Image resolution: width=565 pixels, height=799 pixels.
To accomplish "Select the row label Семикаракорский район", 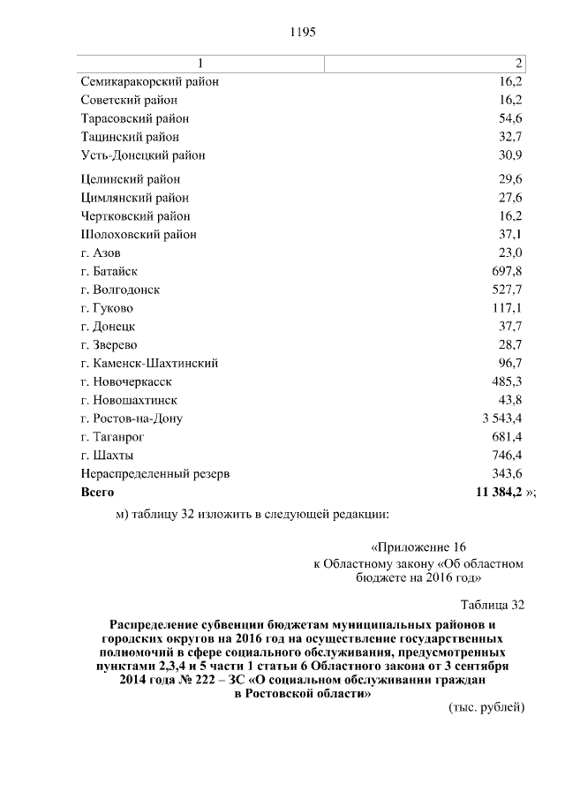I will [149, 81].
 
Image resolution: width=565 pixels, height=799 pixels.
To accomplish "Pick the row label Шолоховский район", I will [139, 235].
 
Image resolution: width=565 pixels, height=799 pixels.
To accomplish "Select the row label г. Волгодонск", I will [120, 290].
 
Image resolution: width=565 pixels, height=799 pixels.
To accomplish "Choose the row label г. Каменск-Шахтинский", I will [149, 363].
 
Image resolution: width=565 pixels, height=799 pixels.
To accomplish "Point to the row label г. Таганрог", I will [112, 437].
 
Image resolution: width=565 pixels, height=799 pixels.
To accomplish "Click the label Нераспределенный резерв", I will [155, 474].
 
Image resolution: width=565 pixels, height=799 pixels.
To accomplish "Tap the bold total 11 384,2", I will [500, 492].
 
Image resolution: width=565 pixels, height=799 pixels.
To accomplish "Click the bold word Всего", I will [97, 492].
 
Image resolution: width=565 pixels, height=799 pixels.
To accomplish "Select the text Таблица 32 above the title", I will [493, 605].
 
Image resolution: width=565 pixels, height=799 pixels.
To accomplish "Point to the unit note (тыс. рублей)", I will [487, 707].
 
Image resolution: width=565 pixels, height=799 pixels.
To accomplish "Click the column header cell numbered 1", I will [200, 63].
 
